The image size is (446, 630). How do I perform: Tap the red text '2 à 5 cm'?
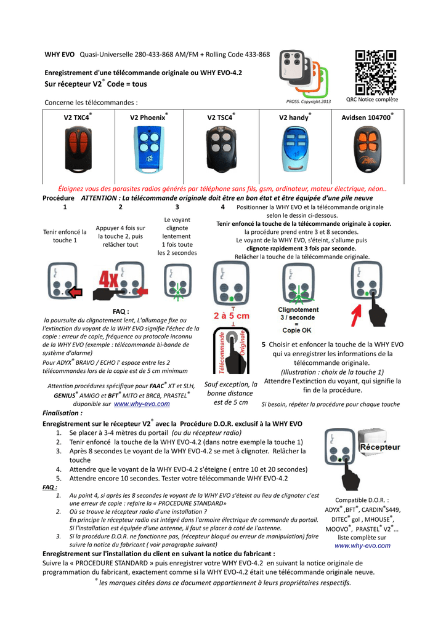pyautogui.click(x=232, y=316)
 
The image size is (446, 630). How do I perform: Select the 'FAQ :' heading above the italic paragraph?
pyautogui.click(x=120, y=313)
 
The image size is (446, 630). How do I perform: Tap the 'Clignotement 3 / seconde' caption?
pyautogui.click(x=299, y=313)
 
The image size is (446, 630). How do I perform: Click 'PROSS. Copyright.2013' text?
pyautogui.click(x=309, y=102)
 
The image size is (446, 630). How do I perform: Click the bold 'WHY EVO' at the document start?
pyautogui.click(x=60, y=55)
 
